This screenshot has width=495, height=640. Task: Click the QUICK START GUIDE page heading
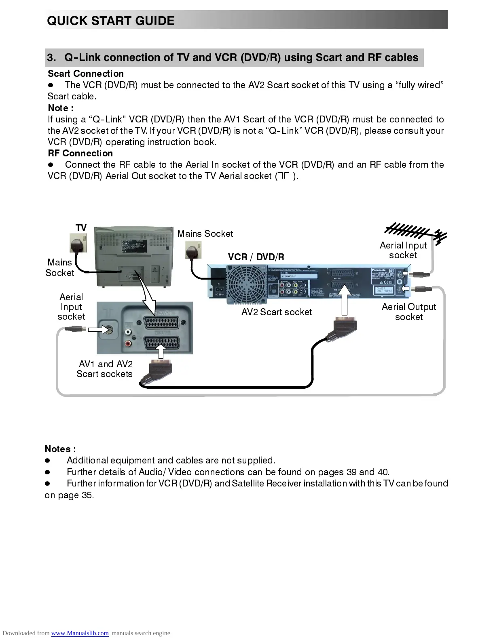pos(111,21)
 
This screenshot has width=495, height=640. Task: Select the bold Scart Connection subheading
pos(86,74)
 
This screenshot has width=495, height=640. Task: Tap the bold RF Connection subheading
pos(80,153)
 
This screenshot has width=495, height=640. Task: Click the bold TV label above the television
pos(81,228)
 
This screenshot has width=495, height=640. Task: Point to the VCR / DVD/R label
pos(256,257)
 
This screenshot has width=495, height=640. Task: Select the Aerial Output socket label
pos(409,312)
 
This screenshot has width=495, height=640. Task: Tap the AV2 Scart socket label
pos(277,312)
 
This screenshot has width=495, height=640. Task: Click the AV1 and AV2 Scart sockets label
pos(105,369)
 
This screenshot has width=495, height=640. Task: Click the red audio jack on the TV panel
pos(129,344)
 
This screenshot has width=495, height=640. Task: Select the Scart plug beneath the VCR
pos(345,326)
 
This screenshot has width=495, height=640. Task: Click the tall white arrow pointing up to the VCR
pos(345,299)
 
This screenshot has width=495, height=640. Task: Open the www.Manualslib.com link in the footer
pos(80,633)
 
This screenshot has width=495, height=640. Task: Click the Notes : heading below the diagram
pos(60,449)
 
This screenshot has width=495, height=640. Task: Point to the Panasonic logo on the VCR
pos(382,270)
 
